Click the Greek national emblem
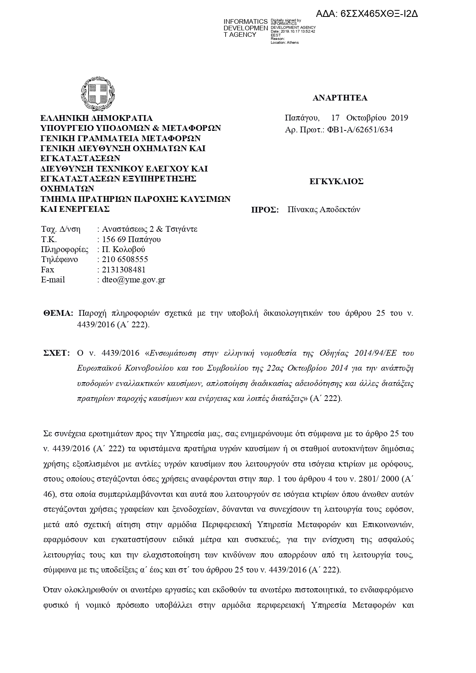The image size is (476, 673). (97, 93)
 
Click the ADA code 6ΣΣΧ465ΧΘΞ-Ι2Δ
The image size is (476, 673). (367, 14)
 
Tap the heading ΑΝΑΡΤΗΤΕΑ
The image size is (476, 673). (340, 98)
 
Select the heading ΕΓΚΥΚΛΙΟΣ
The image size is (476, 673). (336, 182)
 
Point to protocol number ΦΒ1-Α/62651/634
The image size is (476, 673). (360, 130)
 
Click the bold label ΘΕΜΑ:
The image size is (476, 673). (58, 313)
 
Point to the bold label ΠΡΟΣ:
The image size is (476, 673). (265, 210)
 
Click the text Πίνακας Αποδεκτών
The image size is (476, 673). (324, 210)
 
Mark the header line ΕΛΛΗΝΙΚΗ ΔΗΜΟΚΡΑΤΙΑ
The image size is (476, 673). (97, 118)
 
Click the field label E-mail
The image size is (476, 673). (53, 280)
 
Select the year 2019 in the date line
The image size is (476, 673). (399, 118)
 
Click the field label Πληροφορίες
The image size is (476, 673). (65, 249)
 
